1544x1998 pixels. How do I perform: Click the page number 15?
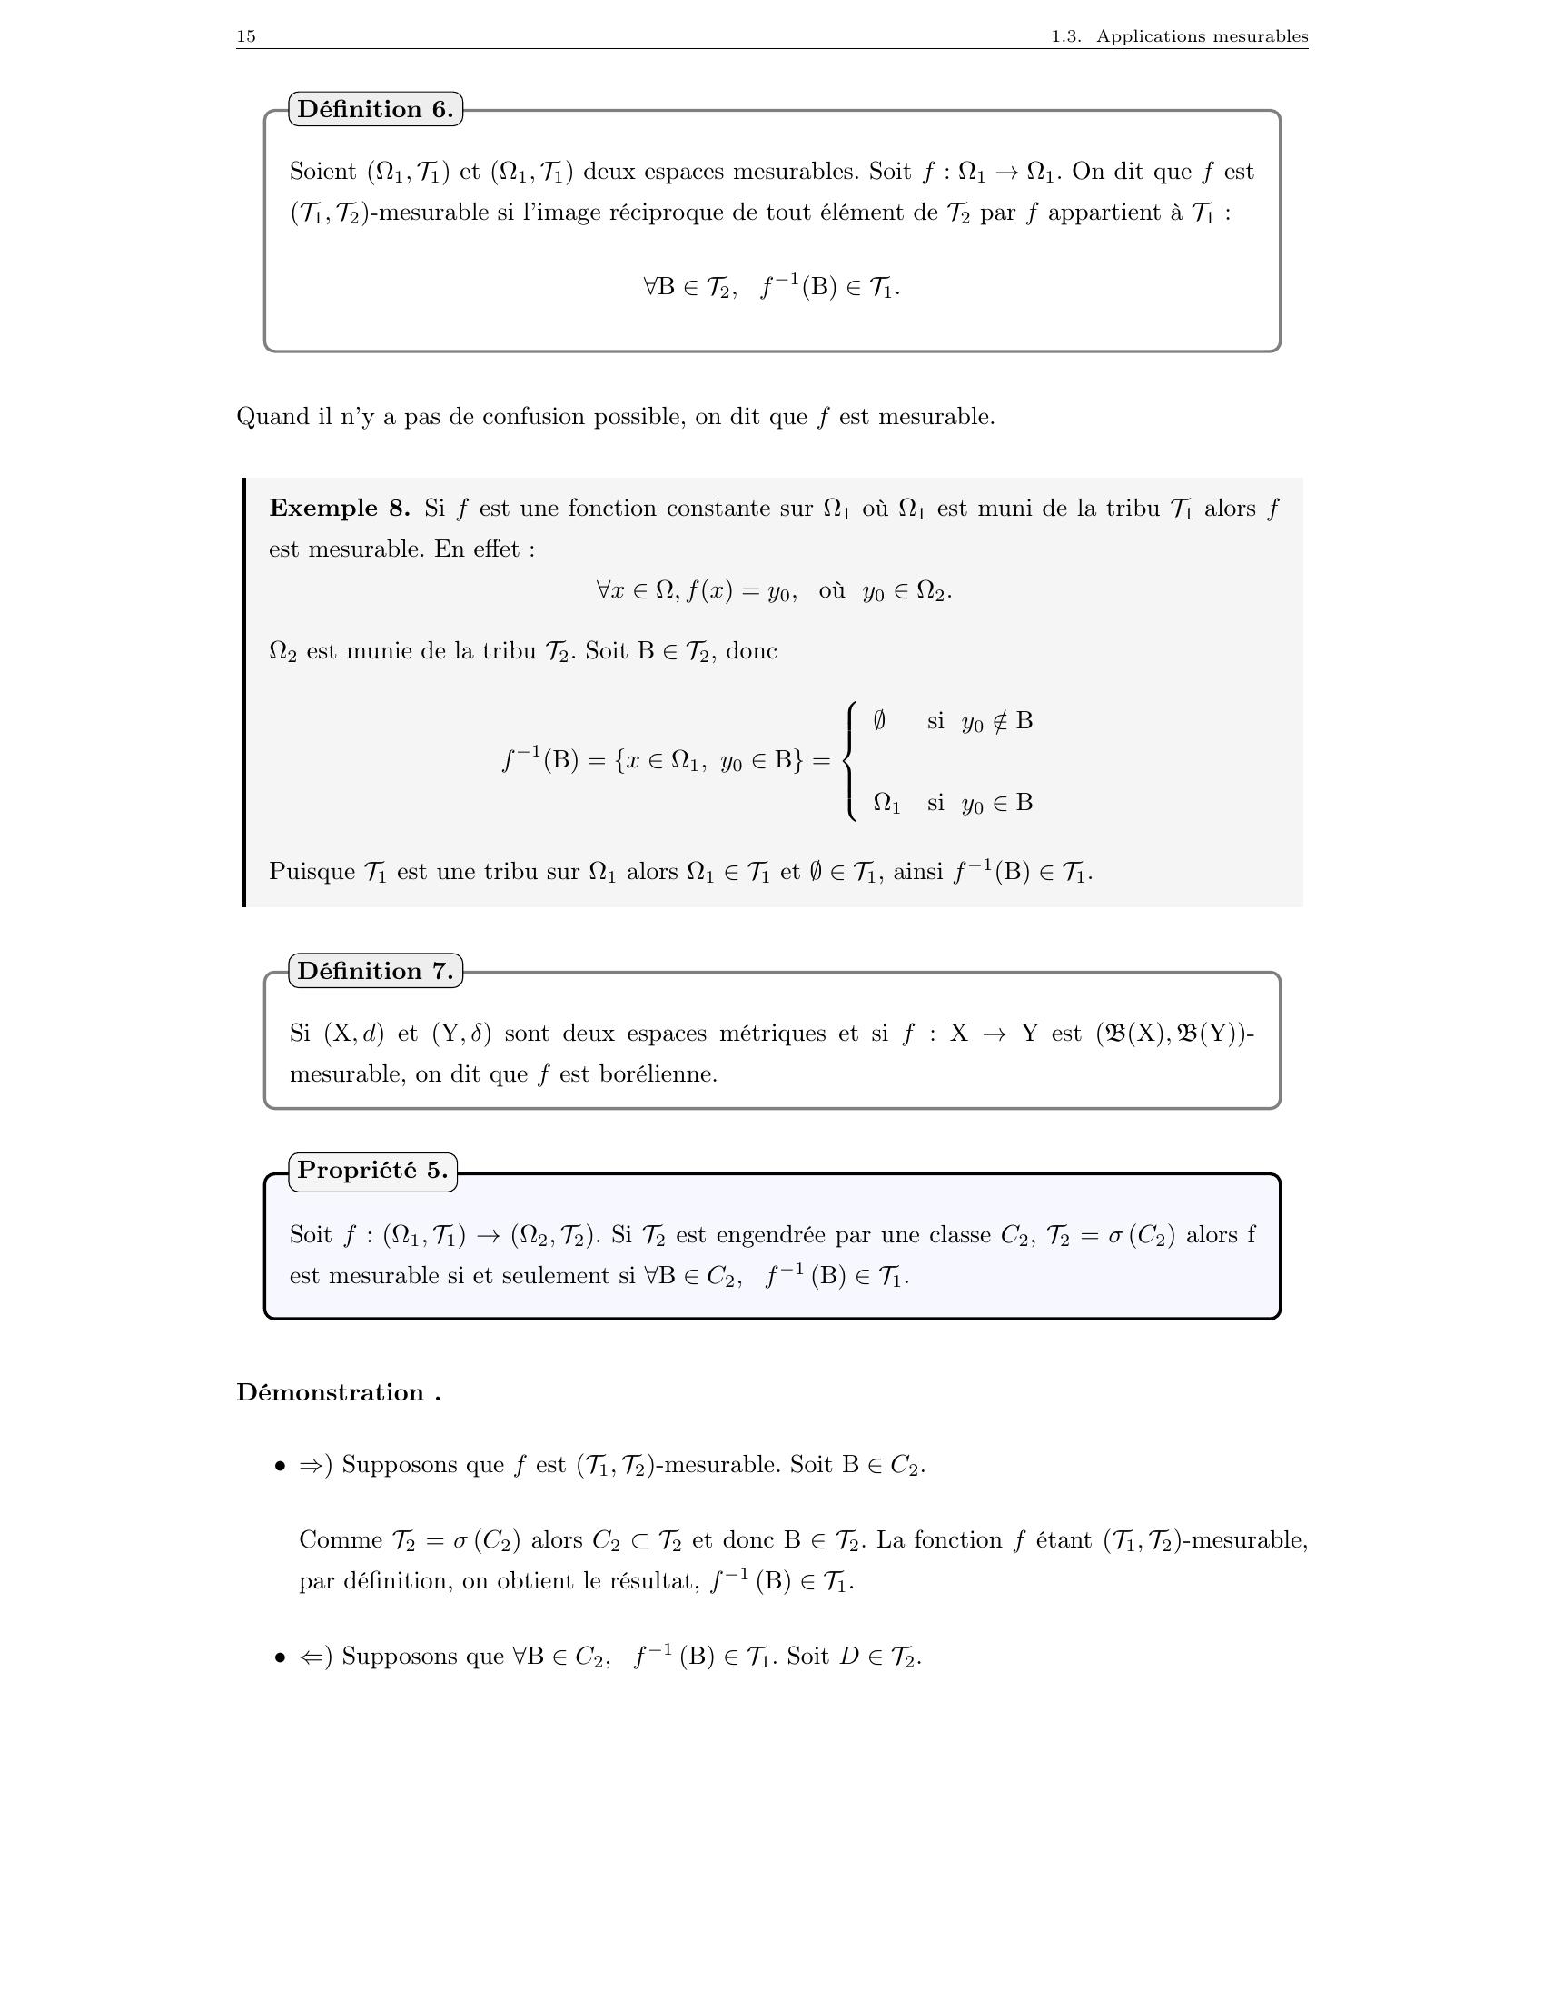coord(246,36)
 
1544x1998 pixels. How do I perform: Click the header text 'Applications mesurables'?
coord(1202,36)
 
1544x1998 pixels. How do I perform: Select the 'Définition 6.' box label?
coord(375,110)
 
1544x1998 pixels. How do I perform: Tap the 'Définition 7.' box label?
coord(375,971)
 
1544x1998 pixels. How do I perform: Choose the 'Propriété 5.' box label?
coord(372,1170)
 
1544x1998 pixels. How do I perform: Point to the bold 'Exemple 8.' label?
coord(340,509)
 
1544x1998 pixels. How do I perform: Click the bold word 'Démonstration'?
coord(330,1392)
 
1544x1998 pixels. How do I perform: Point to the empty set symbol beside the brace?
coord(879,721)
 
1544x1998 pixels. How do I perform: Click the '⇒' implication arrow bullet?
coord(311,1466)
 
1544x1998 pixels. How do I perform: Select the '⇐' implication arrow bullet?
coord(311,1657)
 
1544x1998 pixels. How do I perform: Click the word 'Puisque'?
coord(312,872)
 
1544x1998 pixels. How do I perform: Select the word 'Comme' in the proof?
coord(341,1540)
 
